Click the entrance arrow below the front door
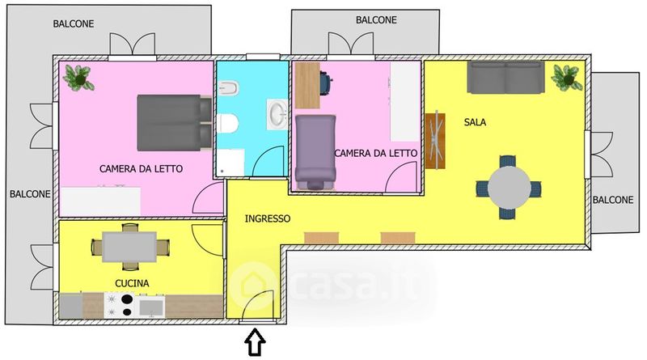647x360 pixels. pos(256,342)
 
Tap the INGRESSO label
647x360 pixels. pos(268,218)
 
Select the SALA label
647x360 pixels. pos(475,122)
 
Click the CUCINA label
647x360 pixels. pos(132,283)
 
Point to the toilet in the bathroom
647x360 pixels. pos(227,124)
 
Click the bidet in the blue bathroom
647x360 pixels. pos(229,88)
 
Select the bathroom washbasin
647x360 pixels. pos(277,113)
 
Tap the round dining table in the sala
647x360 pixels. pos(510,187)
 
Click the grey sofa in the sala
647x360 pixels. pos(505,77)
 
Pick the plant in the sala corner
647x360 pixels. pos(568,77)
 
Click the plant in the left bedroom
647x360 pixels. pos(78,78)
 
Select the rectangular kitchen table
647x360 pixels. pos(129,247)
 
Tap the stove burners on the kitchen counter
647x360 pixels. pos(119,305)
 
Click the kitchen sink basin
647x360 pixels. pos(150,307)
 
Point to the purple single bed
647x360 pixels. pos(315,151)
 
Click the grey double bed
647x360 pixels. pos(174,123)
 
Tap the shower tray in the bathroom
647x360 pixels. pos(230,163)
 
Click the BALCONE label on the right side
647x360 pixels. pos(613,200)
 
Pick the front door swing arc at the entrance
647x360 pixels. pos(260,298)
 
